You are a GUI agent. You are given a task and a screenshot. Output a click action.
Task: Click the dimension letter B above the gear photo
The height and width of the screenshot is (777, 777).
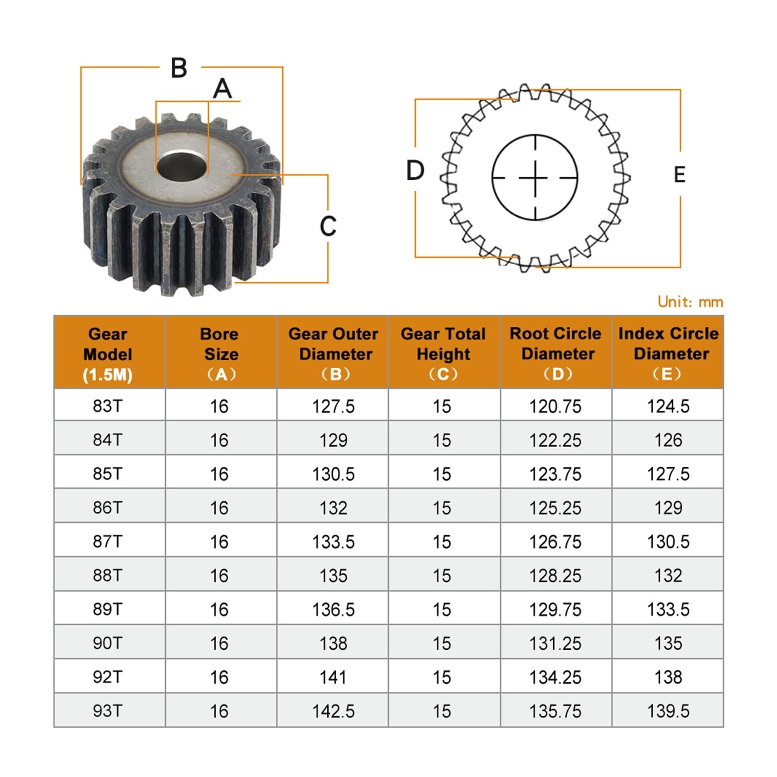[179, 68]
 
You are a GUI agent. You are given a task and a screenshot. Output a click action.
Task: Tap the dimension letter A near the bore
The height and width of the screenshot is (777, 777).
[222, 89]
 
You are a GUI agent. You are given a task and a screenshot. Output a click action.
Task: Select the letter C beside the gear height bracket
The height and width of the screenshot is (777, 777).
[328, 226]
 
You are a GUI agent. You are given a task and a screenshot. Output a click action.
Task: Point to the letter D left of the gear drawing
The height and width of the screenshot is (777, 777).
[415, 170]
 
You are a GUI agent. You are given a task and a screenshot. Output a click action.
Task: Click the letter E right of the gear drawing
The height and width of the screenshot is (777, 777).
[679, 175]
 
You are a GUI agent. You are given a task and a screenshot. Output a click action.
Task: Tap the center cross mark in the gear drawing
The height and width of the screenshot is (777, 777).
[535, 178]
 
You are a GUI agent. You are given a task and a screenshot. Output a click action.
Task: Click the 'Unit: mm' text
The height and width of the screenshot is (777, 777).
[690, 302]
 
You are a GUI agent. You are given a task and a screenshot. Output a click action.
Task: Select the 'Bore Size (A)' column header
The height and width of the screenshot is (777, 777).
[221, 354]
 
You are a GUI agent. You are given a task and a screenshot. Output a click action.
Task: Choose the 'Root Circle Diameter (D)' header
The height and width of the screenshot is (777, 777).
[557, 353]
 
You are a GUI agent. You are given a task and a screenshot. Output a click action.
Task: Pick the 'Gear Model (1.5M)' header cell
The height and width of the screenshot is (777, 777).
[108, 354]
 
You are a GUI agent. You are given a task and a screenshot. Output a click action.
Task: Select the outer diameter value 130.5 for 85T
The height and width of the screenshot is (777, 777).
[333, 474]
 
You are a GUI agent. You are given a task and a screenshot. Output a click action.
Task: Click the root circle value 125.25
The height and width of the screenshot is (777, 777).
[555, 508]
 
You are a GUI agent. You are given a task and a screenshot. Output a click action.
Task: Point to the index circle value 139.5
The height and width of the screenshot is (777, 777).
[668, 711]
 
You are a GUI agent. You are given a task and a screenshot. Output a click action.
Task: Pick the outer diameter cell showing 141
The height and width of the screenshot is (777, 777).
[333, 677]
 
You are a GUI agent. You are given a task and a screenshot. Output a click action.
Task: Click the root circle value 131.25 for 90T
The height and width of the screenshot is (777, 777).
[555, 643]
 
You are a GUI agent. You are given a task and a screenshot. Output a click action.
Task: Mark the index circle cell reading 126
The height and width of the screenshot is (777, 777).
[668, 440]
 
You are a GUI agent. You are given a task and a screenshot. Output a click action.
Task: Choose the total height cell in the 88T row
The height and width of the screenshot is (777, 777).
[442, 575]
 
